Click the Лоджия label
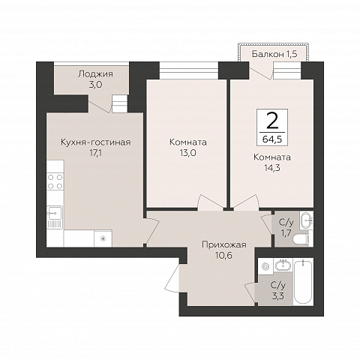95,74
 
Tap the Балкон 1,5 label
274,54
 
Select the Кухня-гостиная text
96,142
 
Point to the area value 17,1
96,152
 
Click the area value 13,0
187,152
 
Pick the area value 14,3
272,168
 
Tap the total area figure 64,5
272,139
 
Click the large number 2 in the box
272,120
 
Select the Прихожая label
224,244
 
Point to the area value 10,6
223,255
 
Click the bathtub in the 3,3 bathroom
303,282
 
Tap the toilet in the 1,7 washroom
301,240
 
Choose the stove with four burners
55,181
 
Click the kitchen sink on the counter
55,217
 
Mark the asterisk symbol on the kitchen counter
103,238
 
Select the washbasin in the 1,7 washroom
307,220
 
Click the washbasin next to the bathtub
283,265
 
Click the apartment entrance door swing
172,277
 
